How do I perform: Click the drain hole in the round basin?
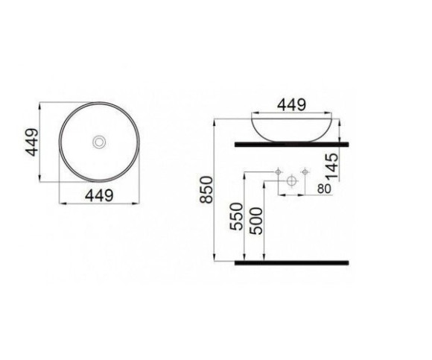click(x=99, y=142)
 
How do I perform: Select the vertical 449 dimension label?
click(x=31, y=142)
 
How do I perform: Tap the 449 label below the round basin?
click(x=99, y=195)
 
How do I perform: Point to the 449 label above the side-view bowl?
click(x=291, y=105)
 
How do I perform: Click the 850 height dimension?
click(x=207, y=190)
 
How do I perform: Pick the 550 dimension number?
click(x=237, y=216)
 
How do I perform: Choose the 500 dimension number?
click(x=256, y=221)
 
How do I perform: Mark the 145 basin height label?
click(x=331, y=166)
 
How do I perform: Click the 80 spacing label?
click(x=324, y=189)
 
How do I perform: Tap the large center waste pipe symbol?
click(x=291, y=181)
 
